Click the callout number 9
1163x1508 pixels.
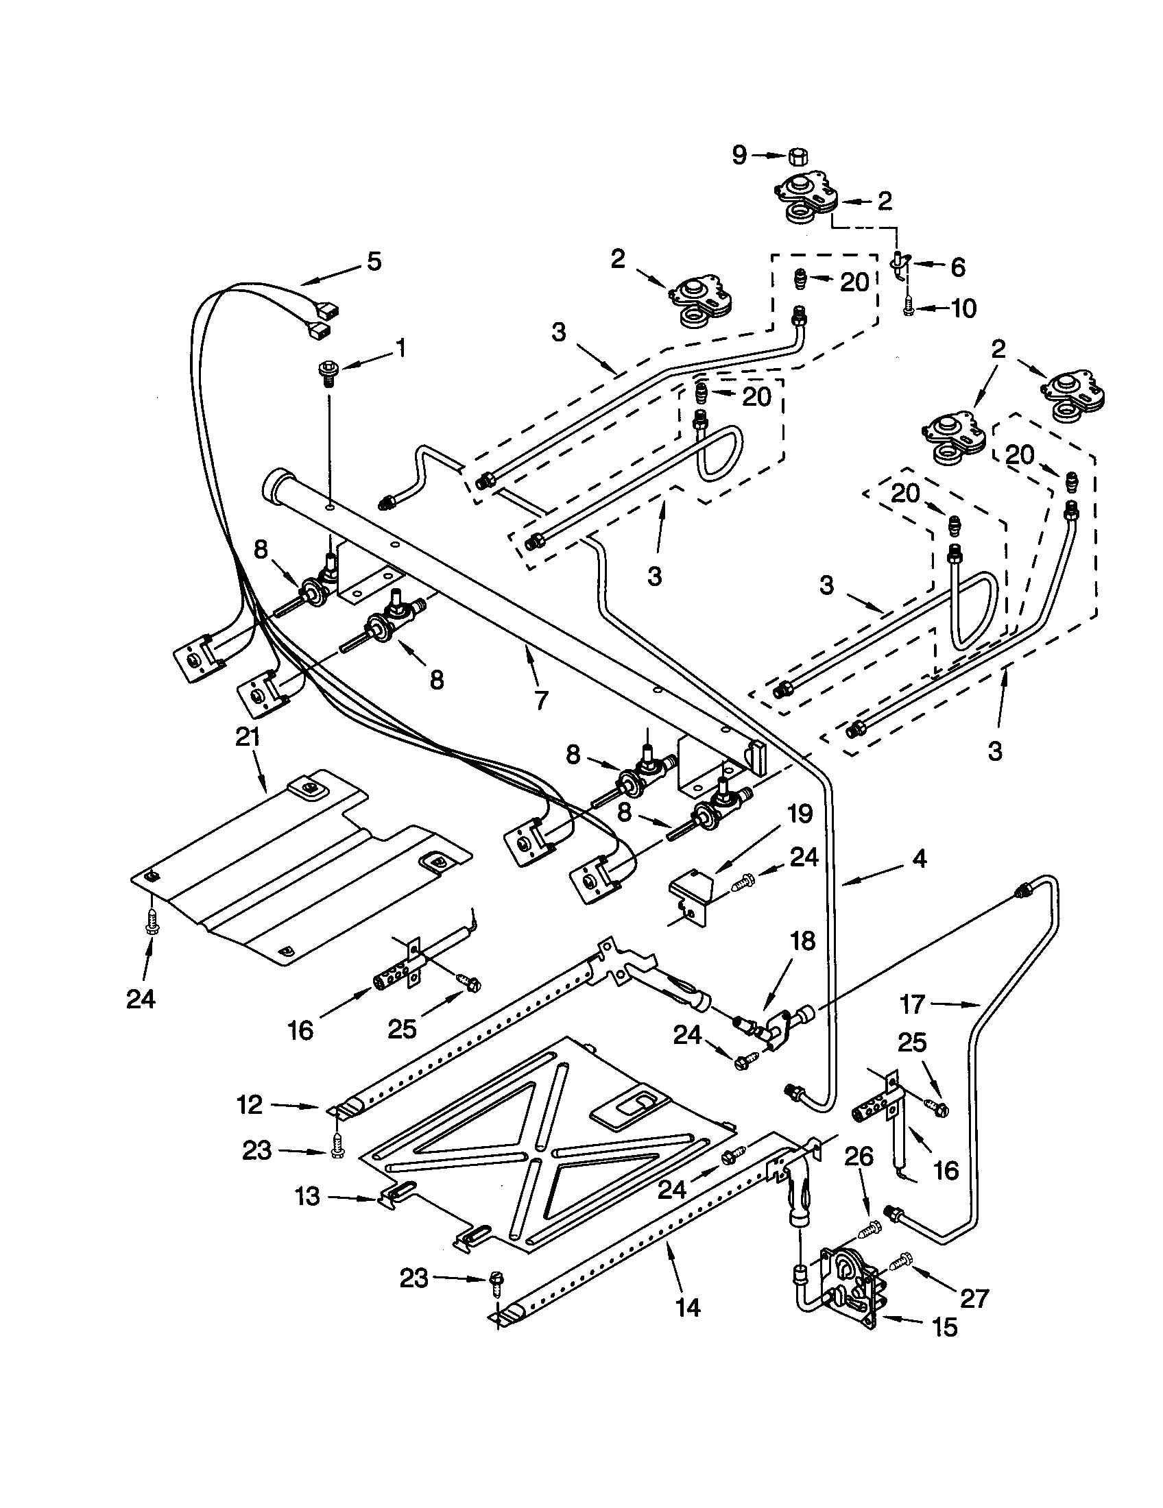(x=739, y=156)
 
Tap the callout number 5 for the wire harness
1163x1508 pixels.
(x=374, y=262)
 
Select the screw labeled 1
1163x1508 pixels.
(x=326, y=371)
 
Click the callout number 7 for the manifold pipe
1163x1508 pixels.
(x=541, y=700)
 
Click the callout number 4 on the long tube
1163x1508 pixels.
(x=919, y=858)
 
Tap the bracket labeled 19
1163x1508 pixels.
(x=692, y=897)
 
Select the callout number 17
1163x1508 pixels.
(x=913, y=1004)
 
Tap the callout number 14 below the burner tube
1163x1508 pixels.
(x=688, y=1307)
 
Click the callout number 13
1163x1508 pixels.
(x=308, y=1196)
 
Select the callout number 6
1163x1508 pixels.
(x=957, y=267)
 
